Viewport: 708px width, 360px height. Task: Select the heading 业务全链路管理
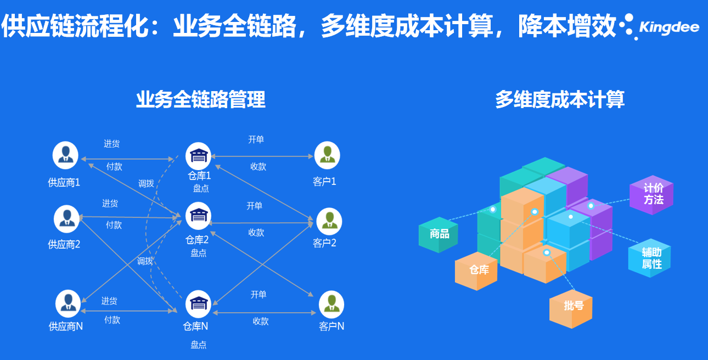(200, 99)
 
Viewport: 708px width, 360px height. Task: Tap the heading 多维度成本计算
(559, 99)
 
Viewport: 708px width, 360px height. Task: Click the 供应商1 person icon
(65, 155)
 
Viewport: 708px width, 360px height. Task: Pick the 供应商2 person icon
(67, 218)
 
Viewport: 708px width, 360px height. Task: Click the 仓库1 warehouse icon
(199, 156)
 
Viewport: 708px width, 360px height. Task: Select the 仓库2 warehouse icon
(198, 216)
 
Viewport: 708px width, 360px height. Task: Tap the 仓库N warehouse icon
(198, 303)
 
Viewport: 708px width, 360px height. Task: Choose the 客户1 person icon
(327, 155)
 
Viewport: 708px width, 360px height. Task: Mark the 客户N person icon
(331, 304)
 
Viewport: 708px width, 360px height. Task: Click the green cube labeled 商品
(439, 234)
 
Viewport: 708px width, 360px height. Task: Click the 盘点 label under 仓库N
(198, 345)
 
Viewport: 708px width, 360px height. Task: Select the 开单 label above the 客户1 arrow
(256, 140)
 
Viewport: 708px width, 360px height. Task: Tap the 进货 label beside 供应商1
(111, 144)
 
